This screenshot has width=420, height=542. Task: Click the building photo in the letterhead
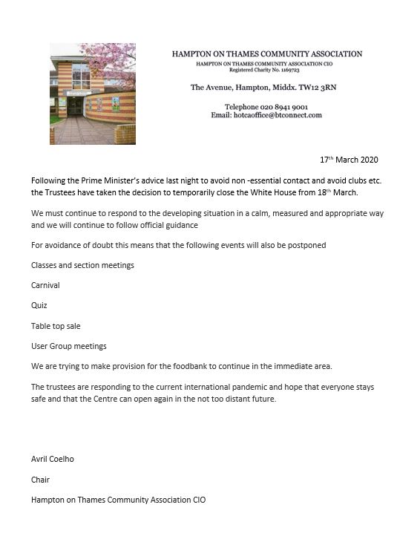93,93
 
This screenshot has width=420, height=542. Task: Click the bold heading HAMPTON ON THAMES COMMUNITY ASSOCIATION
267,54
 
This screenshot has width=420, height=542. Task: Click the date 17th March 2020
348,160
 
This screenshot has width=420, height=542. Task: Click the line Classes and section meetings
82,265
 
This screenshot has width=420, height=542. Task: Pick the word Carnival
45,285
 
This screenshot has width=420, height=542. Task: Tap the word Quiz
39,305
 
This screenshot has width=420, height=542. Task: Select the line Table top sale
56,326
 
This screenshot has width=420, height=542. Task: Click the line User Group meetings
68,346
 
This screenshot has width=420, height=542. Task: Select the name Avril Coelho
52,459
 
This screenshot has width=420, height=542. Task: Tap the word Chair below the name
40,480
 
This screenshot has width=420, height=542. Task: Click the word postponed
306,245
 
